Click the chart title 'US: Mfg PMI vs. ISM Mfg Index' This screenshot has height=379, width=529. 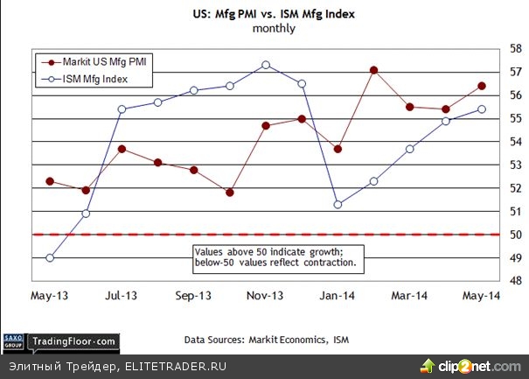coord(274,12)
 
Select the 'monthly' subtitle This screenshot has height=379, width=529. coord(274,28)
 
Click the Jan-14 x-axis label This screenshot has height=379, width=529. coord(338,297)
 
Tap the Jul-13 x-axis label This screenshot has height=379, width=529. coord(122,297)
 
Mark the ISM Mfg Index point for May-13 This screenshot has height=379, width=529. coord(50,258)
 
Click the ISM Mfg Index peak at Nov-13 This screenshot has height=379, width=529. coord(266,65)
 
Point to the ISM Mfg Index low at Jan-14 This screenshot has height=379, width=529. coord(338,205)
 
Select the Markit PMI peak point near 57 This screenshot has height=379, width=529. coord(373,70)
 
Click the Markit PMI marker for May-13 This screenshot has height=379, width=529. coord(50,181)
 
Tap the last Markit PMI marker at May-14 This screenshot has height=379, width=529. coord(482,86)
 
